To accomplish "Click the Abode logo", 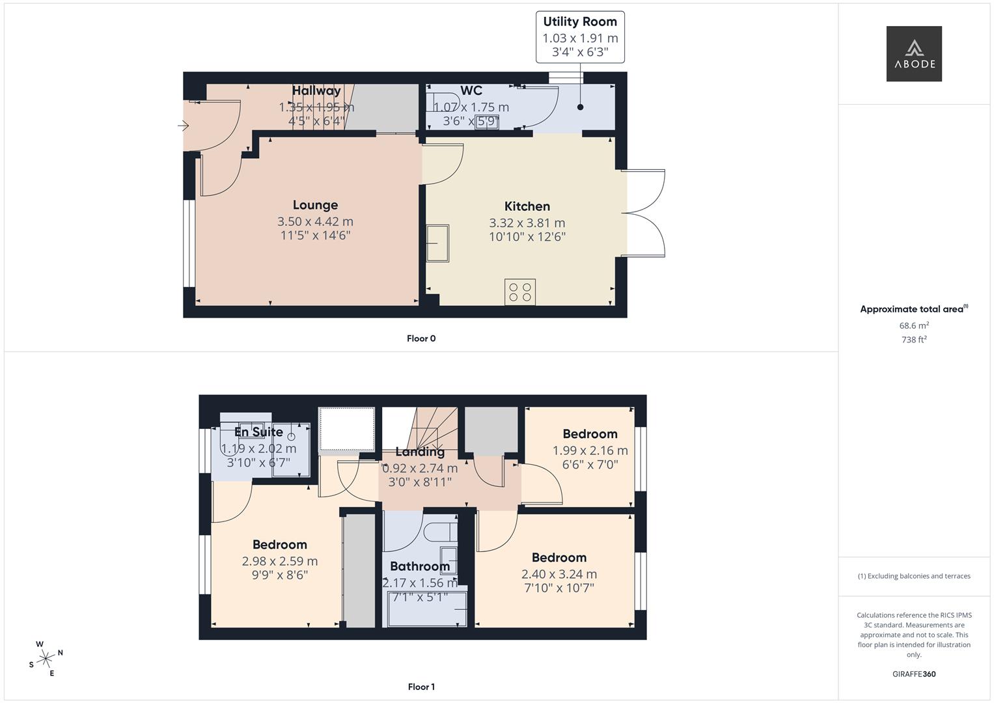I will pyautogui.click(x=913, y=54).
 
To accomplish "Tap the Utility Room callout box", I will pyautogui.click(x=580, y=37).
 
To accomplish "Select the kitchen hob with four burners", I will pyautogui.click(x=519, y=292).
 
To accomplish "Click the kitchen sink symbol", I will pyautogui.click(x=437, y=243).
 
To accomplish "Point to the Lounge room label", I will pyautogui.click(x=315, y=205).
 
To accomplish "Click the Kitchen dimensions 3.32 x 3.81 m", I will pyautogui.click(x=527, y=223).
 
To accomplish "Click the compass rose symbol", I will pyautogui.click(x=46, y=659).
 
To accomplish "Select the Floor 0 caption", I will pyautogui.click(x=421, y=338).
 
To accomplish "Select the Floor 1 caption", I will pyautogui.click(x=421, y=687).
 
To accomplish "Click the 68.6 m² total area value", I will pyautogui.click(x=914, y=325).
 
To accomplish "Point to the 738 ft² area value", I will pyautogui.click(x=914, y=339).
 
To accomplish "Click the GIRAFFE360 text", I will pyautogui.click(x=914, y=674).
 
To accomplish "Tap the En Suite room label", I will pyautogui.click(x=258, y=432).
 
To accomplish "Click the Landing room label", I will pyautogui.click(x=420, y=452).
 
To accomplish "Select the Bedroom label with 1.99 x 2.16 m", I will pyautogui.click(x=590, y=434).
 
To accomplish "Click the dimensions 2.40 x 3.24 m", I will pyautogui.click(x=559, y=574).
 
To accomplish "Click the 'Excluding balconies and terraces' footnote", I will pyautogui.click(x=914, y=576).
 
